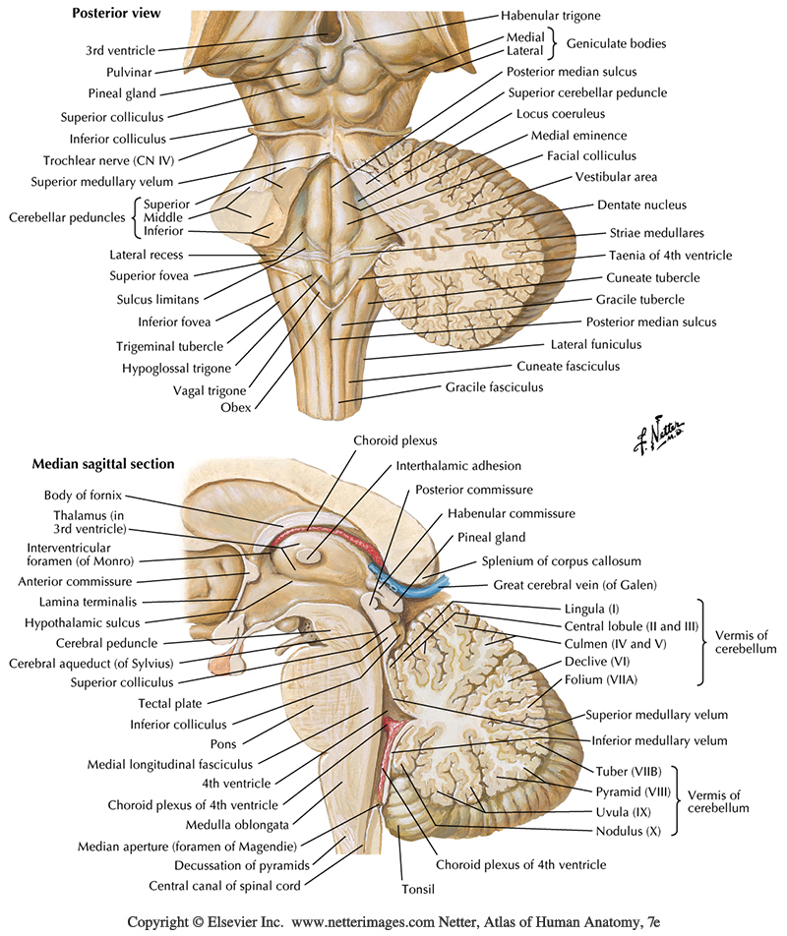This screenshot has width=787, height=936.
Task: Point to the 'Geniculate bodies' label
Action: (x=619, y=43)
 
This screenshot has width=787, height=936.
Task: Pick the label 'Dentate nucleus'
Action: (x=641, y=205)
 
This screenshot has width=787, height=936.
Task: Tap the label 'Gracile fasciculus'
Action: (x=494, y=387)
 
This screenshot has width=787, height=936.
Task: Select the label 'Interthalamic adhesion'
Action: (x=458, y=465)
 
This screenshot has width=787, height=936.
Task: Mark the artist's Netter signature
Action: (x=659, y=429)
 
